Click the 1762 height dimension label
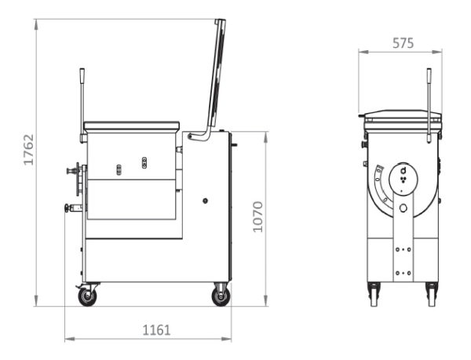pyautogui.click(x=29, y=149)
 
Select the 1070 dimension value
pyautogui.click(x=257, y=216)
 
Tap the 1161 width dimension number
pyautogui.click(x=156, y=330)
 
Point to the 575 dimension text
pyautogui.click(x=403, y=43)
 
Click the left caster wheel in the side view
pyautogui.click(x=87, y=296)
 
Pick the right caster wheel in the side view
pyautogui.click(x=221, y=296)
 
